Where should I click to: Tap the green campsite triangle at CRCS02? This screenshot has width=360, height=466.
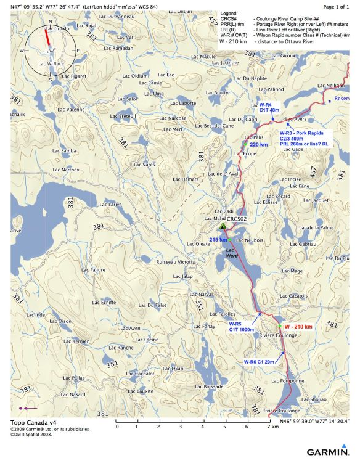[223, 226]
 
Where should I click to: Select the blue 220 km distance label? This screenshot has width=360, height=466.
[258, 144]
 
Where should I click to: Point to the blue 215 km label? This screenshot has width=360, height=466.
[218, 239]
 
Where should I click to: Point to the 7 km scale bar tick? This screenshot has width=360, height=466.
[268, 426]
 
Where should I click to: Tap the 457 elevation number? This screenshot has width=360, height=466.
[313, 173]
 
